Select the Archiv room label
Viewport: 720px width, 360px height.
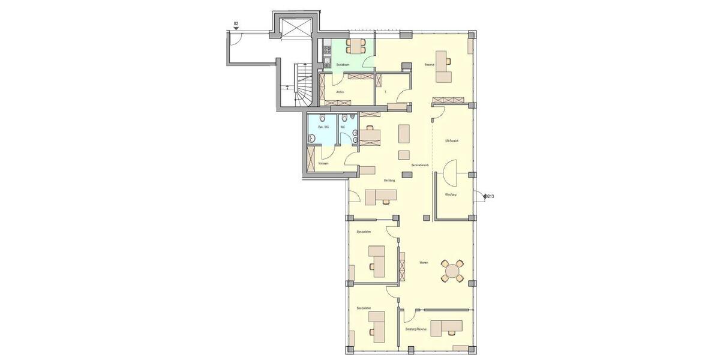point(340,92)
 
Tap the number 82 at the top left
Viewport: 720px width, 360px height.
point(236,24)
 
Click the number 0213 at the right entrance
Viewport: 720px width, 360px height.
point(489,196)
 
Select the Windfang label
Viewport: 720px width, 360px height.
point(451,195)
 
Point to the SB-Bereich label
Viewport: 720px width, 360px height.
point(451,141)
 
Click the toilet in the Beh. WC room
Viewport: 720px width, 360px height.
point(322,118)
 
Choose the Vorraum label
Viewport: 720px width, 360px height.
point(323,163)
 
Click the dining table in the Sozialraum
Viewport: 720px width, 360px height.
point(356,46)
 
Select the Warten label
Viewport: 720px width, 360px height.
point(424,262)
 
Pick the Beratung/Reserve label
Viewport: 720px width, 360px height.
point(416,329)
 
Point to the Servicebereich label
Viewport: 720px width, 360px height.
point(419,164)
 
